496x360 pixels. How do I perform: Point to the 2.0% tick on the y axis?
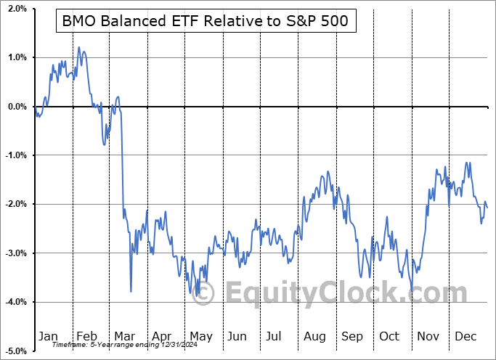point(17,9)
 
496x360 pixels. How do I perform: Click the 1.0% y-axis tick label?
point(17,58)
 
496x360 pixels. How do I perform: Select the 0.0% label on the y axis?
point(17,107)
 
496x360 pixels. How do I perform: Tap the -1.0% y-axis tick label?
point(15,155)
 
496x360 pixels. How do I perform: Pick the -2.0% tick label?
point(15,204)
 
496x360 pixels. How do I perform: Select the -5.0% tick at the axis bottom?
point(15,351)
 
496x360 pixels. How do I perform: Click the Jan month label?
point(47,336)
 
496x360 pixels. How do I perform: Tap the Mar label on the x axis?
point(125,336)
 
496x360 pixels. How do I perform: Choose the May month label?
point(200,336)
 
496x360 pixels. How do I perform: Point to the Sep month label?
point(352,336)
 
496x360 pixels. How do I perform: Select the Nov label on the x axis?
point(428,336)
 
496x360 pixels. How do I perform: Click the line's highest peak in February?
point(79,47)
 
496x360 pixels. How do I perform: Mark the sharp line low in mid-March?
point(131,291)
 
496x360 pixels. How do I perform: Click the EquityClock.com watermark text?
point(336,294)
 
